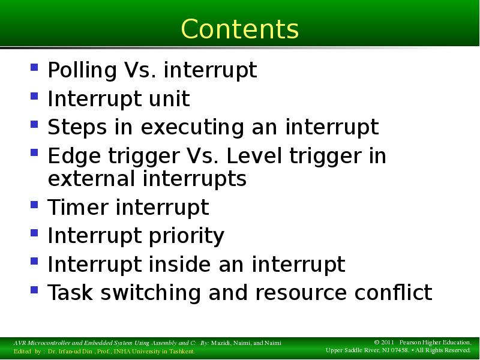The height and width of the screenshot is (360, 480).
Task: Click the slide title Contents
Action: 239,28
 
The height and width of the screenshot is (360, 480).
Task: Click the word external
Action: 92,179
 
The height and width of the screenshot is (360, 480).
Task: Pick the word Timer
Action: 78,208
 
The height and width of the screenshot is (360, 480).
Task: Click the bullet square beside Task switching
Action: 35,290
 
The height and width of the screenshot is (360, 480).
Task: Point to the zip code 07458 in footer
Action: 397,350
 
